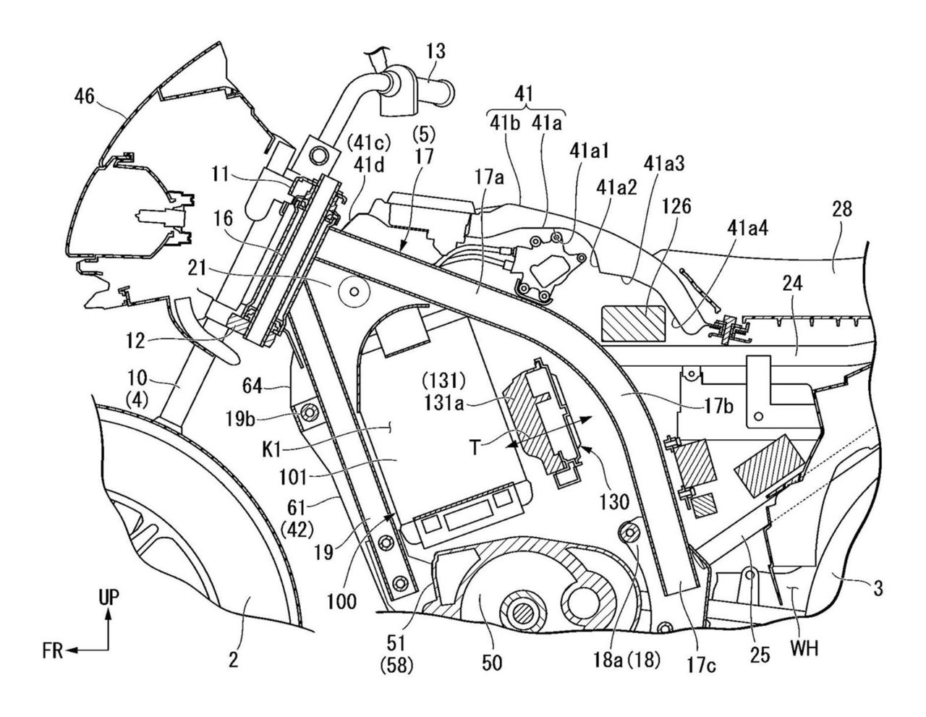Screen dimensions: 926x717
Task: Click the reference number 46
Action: pos(84,97)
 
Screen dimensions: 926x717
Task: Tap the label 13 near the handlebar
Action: pos(435,51)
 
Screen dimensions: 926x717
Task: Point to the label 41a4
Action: pos(747,229)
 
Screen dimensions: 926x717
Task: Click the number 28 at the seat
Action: pos(841,210)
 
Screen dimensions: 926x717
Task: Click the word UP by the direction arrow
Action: pos(109,598)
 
